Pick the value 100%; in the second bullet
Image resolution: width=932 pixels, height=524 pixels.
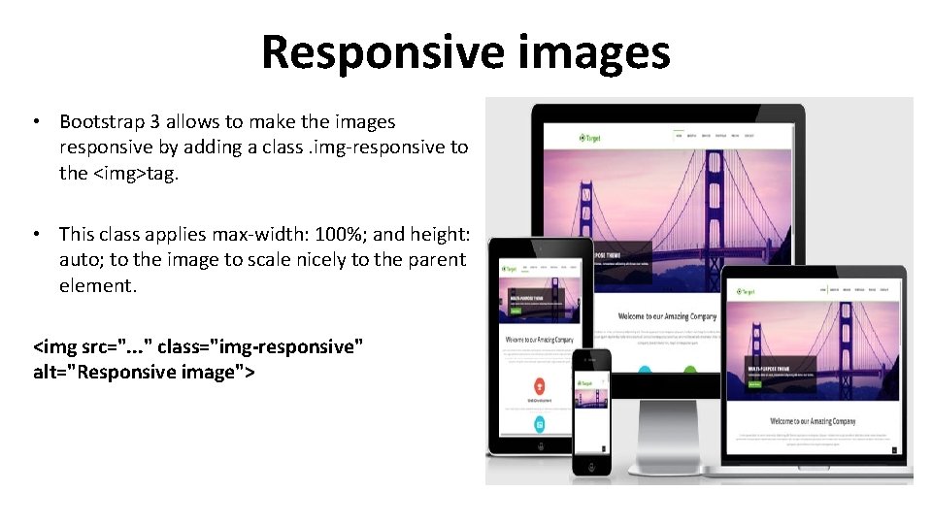click(335, 234)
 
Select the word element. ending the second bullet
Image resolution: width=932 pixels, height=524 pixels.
click(98, 286)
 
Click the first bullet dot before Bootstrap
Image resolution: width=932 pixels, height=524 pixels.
click(35, 122)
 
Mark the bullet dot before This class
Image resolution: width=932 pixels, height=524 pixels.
click(35, 234)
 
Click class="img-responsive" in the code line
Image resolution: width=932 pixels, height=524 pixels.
click(260, 346)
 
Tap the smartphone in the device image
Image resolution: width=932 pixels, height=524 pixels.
click(591, 411)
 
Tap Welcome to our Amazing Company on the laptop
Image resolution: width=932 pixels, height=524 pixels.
click(812, 421)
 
